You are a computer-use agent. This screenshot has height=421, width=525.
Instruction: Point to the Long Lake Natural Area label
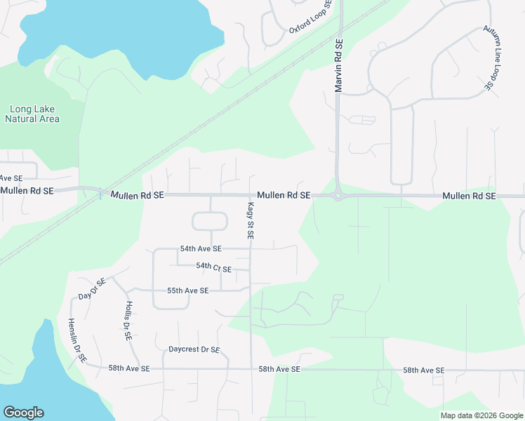(x=32, y=114)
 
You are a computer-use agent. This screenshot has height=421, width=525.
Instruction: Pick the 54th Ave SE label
(x=201, y=249)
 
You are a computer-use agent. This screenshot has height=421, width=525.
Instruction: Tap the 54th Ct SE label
(x=213, y=267)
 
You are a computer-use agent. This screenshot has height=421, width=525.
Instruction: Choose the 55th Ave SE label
(x=187, y=290)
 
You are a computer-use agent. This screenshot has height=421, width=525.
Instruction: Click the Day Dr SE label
(x=92, y=288)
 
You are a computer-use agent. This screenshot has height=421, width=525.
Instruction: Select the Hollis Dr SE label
(x=128, y=321)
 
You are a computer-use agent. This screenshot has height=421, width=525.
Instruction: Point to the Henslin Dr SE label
(x=77, y=340)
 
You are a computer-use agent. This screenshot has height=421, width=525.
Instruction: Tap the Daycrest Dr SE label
(x=194, y=349)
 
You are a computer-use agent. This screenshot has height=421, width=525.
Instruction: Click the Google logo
(x=23, y=413)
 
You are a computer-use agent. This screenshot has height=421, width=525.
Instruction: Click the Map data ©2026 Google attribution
(x=481, y=415)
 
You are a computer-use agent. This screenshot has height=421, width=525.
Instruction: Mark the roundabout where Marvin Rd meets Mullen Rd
(x=338, y=196)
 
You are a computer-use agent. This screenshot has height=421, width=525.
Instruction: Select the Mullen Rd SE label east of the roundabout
(x=469, y=196)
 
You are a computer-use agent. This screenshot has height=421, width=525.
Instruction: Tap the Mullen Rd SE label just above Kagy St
(x=284, y=195)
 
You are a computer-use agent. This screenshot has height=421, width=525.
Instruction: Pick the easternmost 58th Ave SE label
(x=423, y=370)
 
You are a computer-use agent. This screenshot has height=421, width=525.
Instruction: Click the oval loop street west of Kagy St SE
(x=210, y=222)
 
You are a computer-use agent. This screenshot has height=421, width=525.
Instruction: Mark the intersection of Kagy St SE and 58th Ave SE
(x=251, y=368)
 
